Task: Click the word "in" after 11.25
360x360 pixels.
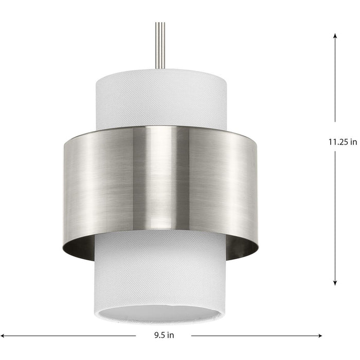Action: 353,142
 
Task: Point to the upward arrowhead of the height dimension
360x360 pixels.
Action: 335,36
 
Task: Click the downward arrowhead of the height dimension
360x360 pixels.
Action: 335,282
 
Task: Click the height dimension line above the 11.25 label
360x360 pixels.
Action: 335,82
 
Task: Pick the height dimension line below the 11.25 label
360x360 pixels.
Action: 335,216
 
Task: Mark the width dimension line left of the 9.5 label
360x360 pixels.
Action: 67,336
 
